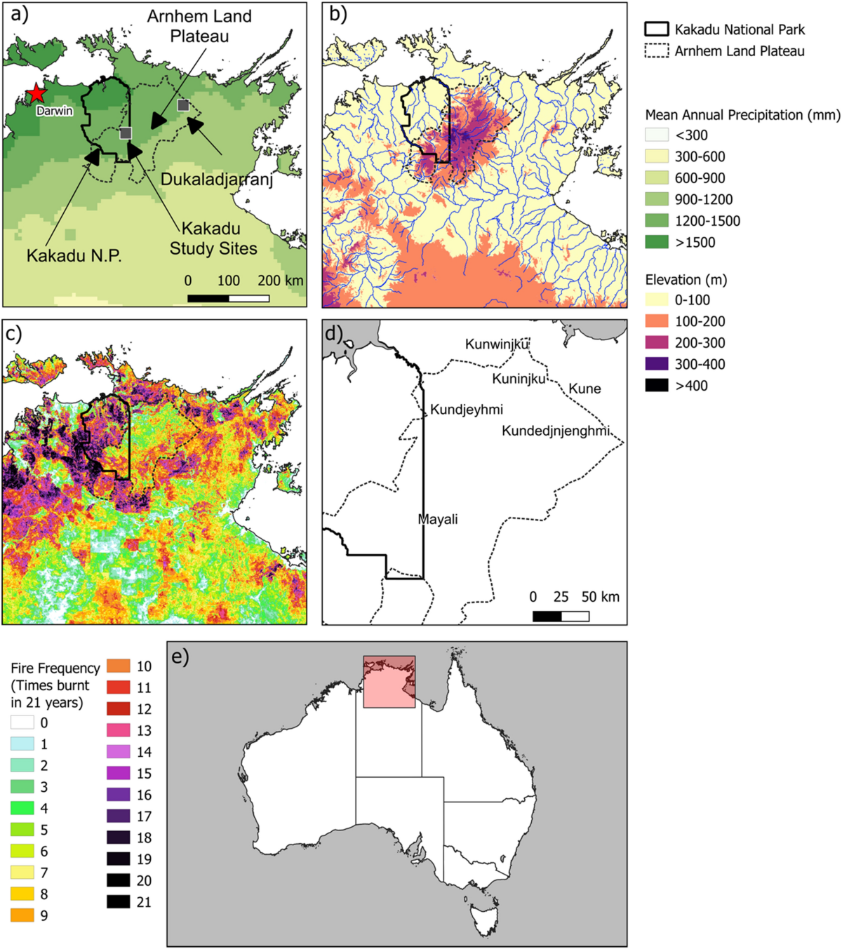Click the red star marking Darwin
pos(34,93)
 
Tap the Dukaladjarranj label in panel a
pos(216,180)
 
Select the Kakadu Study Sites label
pos(213,238)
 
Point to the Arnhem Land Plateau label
pos(199,26)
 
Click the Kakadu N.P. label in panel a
pos(74,256)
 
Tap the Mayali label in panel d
pos(438,520)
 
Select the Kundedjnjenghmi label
pos(555,431)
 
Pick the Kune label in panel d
pos(584,389)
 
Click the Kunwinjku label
pos(497,344)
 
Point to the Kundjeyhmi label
pos(466,410)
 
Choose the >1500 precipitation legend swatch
pos(657,242)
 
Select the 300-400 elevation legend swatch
pos(657,364)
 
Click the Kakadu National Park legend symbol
pos(657,29)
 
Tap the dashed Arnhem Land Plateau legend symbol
pos(657,51)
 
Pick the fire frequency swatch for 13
pos(119,730)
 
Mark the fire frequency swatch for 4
pos(22,808)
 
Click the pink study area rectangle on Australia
pos(389,682)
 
